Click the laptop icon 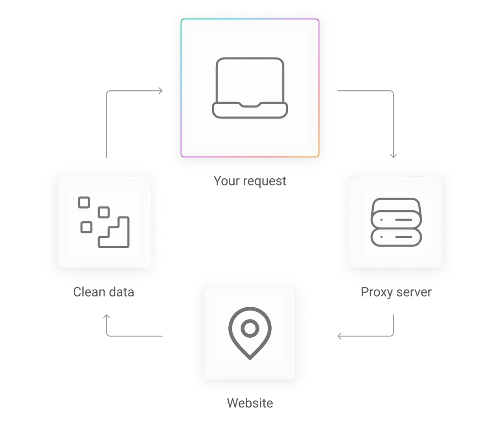tap(250, 88)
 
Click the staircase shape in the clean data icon tap(114, 233)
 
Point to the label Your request tap(250, 181)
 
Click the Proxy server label tap(396, 292)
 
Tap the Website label tap(250, 404)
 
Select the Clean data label tap(104, 292)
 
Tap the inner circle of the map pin tap(249, 328)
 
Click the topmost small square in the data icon tap(84, 202)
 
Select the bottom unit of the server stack tap(396, 237)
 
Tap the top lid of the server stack tap(396, 204)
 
